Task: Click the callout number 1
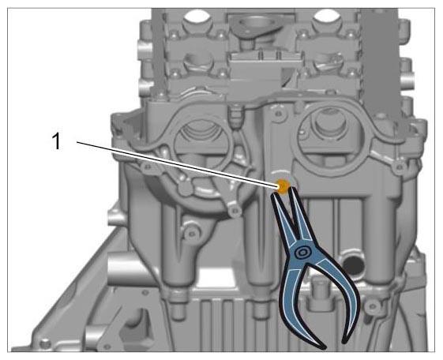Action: click(x=57, y=141)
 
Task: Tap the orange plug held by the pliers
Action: click(x=283, y=186)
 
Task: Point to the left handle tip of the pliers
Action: click(x=323, y=347)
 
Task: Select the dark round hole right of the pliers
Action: click(x=353, y=264)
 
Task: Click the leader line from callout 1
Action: click(x=178, y=164)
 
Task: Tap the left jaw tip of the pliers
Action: click(x=274, y=194)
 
